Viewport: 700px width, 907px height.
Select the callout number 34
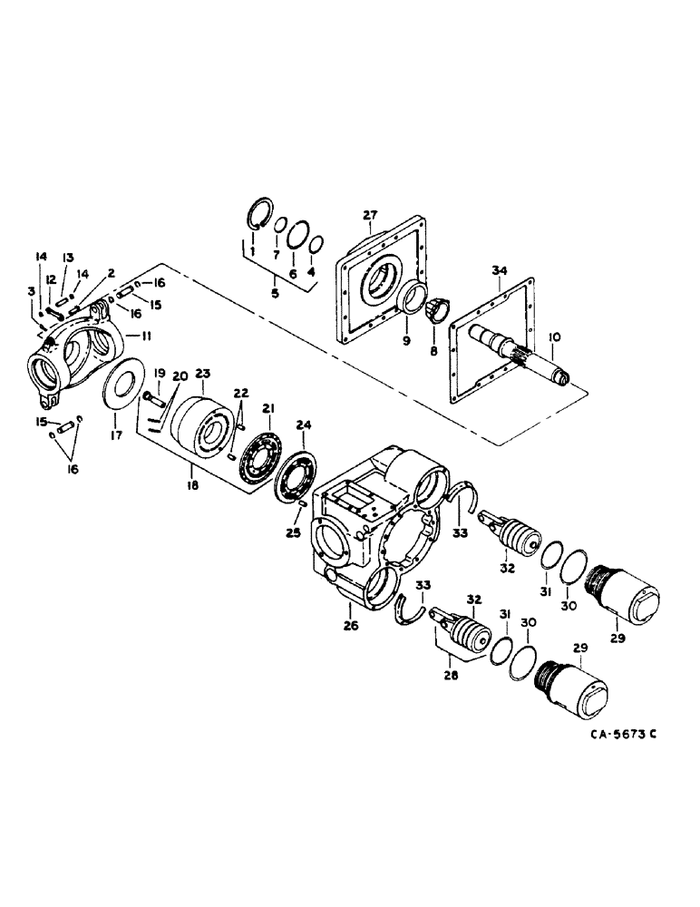pos(499,270)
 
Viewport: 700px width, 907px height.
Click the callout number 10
pos(555,336)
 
